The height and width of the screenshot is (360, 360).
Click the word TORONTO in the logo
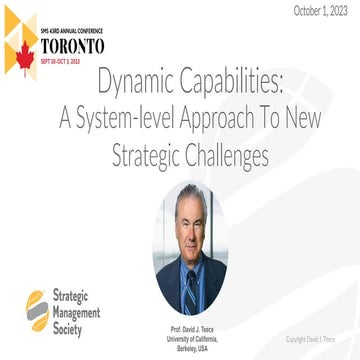coord(74,46)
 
